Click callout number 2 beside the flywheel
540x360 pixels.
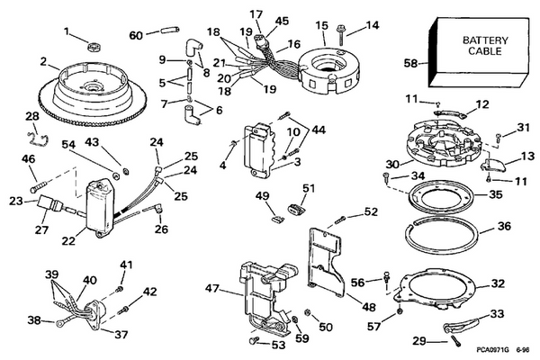click(x=43, y=62)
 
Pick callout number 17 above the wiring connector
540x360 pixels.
click(x=256, y=14)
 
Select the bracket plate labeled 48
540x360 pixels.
click(x=324, y=261)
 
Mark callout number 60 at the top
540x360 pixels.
click(x=136, y=35)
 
